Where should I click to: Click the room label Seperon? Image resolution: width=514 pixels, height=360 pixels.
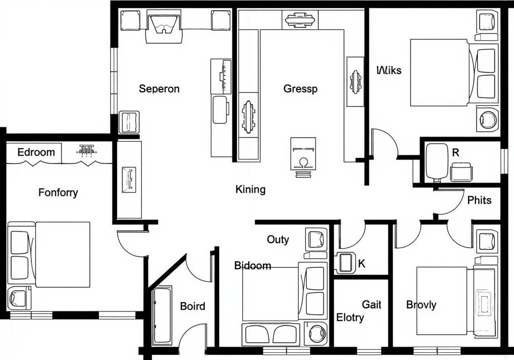pos(159,89)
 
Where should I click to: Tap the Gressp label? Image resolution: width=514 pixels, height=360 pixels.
pos(300,89)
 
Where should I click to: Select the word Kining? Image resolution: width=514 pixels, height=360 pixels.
pos(250,189)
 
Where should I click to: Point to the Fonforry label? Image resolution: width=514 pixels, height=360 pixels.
pos(58,192)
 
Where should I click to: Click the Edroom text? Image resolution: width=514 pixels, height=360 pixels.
pos(36,152)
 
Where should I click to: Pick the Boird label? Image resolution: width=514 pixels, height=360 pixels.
pos(192,306)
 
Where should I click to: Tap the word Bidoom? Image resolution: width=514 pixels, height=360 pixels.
pos(253,266)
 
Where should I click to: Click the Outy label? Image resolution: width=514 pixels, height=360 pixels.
pos(278,240)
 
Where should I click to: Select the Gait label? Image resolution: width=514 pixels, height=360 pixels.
pos(371,305)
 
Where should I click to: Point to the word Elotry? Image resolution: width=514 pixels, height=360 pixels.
pos(350,318)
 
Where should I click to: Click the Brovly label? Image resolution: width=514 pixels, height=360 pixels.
pos(421,305)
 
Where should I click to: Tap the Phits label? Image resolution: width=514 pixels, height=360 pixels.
pos(479,200)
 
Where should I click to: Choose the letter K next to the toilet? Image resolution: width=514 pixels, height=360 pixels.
pos(362,264)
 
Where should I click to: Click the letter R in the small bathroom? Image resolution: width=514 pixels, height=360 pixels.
pos(456,153)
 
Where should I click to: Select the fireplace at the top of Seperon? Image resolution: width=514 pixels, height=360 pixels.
pos(164,26)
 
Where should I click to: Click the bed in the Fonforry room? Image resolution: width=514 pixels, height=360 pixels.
pos(49,254)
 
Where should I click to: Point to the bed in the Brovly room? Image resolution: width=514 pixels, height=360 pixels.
pos(457,301)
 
